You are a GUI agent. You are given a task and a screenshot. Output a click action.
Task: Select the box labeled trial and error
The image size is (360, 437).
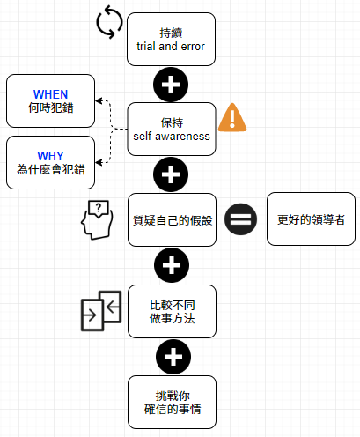click(x=171, y=39)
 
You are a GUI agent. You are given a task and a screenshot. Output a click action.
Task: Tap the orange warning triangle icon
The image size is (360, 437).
click(x=232, y=117)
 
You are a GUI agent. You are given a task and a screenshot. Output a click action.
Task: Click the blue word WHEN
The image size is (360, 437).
click(x=50, y=94)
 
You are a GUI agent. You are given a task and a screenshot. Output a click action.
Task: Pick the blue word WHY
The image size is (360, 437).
click(x=50, y=156)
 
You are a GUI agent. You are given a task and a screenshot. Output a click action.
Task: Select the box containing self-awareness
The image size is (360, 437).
click(x=172, y=129)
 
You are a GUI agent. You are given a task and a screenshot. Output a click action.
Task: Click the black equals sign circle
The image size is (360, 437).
click(x=240, y=219)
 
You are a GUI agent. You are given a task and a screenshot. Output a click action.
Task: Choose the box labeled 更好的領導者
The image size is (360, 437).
click(x=311, y=219)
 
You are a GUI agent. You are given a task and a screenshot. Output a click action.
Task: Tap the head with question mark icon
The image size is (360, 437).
click(x=97, y=219)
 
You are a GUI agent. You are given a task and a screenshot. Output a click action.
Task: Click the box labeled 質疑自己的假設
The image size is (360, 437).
click(x=173, y=219)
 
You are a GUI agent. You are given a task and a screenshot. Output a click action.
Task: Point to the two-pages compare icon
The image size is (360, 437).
click(x=101, y=311)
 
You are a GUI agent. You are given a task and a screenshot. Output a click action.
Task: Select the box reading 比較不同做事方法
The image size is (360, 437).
click(x=173, y=311)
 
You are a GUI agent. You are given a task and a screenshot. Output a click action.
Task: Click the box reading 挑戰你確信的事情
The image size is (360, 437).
click(x=173, y=402)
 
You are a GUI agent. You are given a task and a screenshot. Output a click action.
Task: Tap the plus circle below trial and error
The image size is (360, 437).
click(x=171, y=85)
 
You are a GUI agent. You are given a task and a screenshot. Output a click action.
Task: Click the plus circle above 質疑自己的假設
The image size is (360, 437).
click(x=171, y=174)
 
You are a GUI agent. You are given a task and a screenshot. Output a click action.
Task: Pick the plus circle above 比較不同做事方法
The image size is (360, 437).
click(x=172, y=265)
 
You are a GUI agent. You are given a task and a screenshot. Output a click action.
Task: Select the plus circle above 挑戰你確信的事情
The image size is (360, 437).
click(x=173, y=357)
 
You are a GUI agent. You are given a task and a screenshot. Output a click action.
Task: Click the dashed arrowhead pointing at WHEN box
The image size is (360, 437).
click(x=99, y=100)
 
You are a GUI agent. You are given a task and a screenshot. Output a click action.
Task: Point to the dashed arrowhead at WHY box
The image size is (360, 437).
click(x=99, y=162)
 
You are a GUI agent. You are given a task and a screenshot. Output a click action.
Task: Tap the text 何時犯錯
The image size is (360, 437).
click(x=50, y=107)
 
